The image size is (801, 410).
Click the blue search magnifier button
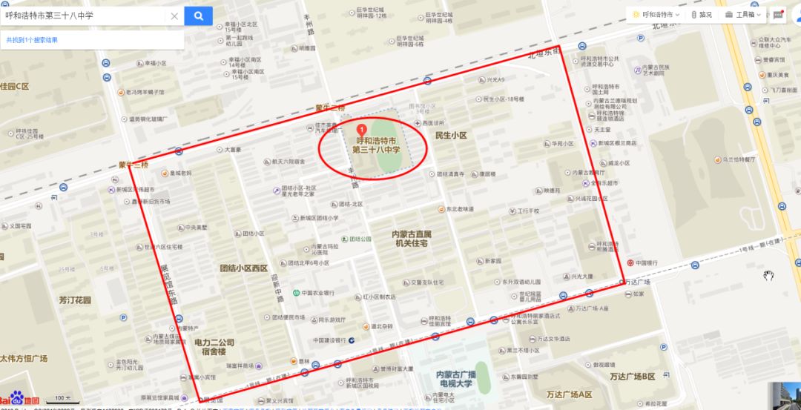pos(198,15)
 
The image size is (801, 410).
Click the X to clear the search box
pos(174,16)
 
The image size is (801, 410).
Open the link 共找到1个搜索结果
pos(32,40)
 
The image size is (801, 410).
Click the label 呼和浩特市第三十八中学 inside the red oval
pos(376,145)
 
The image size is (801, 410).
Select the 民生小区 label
pos(451,136)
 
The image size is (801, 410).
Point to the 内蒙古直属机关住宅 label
pos(412,238)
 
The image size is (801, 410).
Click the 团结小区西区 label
pos(243,268)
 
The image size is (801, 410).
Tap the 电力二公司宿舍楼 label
pos(214,348)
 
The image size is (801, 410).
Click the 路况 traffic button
pos(701,14)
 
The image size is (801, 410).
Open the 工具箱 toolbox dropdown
pos(743,14)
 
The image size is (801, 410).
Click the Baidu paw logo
pos(16,401)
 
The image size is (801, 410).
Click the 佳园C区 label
pos(15,87)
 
